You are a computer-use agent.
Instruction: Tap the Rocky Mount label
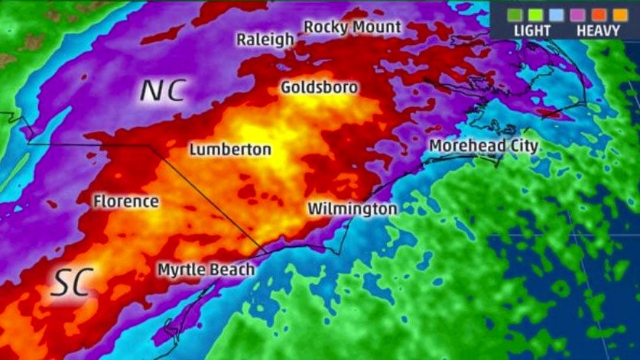[352, 27]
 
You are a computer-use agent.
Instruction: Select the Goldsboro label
[319, 87]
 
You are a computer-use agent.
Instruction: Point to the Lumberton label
[229, 149]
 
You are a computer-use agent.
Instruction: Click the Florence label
[126, 202]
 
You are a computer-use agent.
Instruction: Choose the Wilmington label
[352, 209]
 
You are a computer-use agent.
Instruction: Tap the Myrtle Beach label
[206, 270]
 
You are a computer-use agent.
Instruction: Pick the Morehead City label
[483, 146]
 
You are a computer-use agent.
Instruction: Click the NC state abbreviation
[162, 90]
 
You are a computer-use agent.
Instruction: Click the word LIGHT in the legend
[532, 31]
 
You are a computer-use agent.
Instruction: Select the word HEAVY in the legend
[598, 31]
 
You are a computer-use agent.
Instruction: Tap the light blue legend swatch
[556, 13]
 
